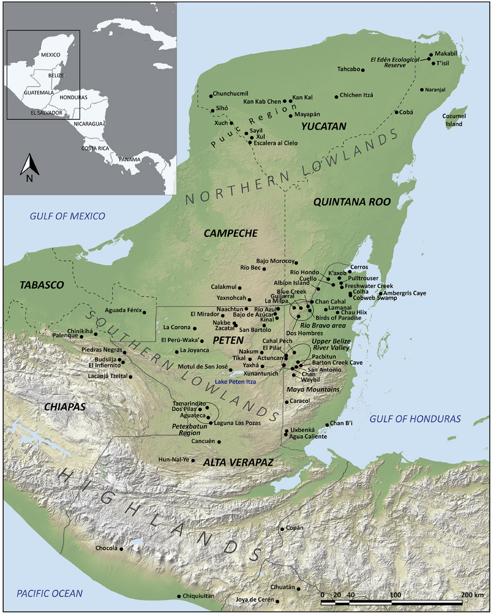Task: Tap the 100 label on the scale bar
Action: [x=395, y=595]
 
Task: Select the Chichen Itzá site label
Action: [x=356, y=95]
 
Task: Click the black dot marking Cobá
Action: [x=396, y=112]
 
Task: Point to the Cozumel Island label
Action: [x=454, y=120]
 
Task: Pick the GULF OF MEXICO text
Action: [x=67, y=216]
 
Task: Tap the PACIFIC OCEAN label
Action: [x=50, y=593]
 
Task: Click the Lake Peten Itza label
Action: [x=235, y=382]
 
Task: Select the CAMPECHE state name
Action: [x=230, y=233]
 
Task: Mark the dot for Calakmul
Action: [x=240, y=288]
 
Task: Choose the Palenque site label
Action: [x=65, y=335]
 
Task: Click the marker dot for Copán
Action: [x=282, y=529]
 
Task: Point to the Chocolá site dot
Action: [x=121, y=549]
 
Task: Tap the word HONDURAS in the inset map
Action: [x=73, y=97]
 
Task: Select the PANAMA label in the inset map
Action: [x=129, y=160]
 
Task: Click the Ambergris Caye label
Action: [x=405, y=293]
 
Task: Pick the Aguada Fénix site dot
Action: [x=144, y=312]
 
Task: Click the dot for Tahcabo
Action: [x=363, y=70]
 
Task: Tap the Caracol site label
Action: [x=299, y=401]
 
